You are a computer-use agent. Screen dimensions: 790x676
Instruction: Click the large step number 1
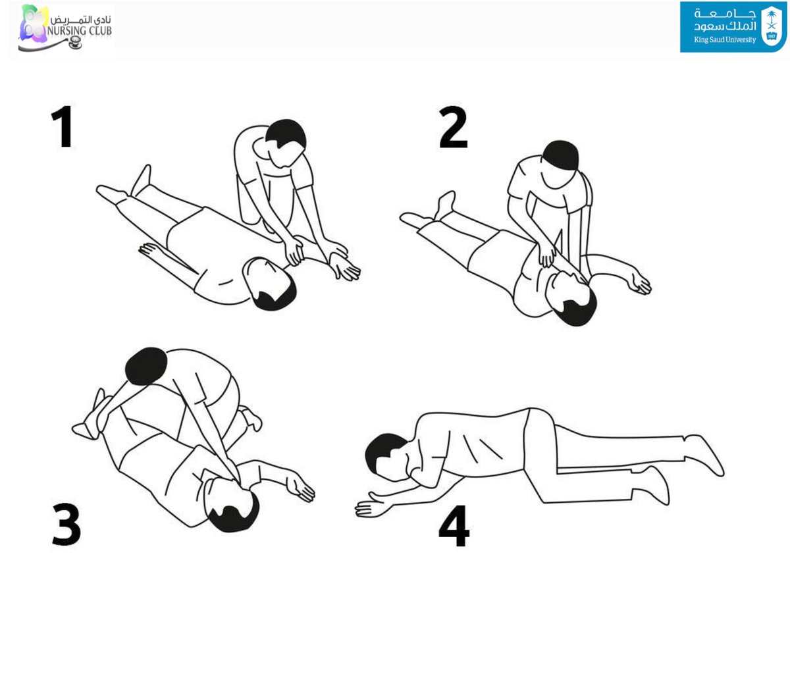click(63, 126)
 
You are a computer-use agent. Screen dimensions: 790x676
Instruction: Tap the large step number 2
click(454, 127)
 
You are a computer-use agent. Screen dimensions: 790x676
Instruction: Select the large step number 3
click(66, 525)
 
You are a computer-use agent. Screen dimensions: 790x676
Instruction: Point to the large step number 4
click(454, 526)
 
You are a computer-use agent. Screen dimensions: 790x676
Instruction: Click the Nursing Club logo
click(66, 29)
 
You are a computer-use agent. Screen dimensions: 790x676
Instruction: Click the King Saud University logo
click(733, 27)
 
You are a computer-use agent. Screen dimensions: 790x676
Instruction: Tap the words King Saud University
click(725, 39)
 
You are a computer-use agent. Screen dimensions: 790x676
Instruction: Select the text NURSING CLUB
click(80, 31)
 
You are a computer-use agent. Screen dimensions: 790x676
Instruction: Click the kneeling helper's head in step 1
click(284, 144)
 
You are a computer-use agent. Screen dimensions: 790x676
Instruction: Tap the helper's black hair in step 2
click(561, 155)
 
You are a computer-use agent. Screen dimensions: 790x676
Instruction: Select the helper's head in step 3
click(146, 366)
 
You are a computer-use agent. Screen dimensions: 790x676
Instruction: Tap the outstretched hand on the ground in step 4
click(371, 506)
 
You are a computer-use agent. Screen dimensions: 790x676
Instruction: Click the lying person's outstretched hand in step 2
click(640, 283)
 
